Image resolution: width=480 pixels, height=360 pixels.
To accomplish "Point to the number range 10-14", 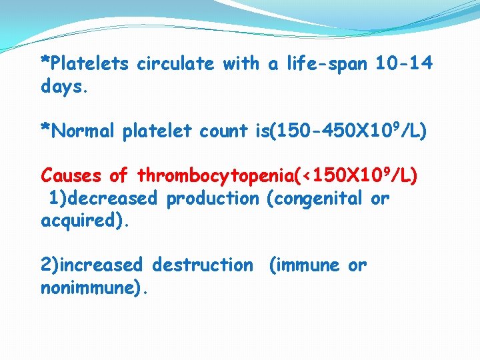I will point(404,64).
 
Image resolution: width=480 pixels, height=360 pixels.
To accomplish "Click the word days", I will point(64,87).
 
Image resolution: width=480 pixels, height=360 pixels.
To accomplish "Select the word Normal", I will point(84,131).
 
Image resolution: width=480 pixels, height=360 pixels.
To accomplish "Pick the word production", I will point(212,199).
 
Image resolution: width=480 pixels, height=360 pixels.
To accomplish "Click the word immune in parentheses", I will point(306,265).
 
